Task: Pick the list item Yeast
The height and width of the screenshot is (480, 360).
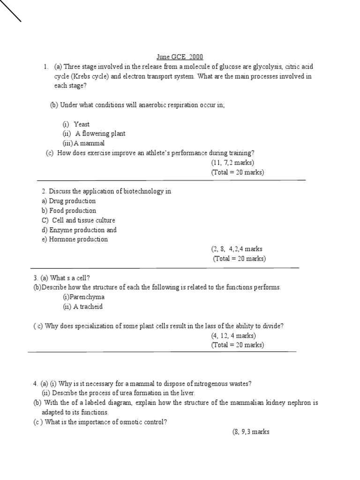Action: (82, 124)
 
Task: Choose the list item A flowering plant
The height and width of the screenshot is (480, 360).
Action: (100, 134)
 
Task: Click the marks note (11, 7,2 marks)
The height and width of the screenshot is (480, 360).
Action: (232, 163)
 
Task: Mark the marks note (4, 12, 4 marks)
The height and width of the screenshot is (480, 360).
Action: (233, 336)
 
